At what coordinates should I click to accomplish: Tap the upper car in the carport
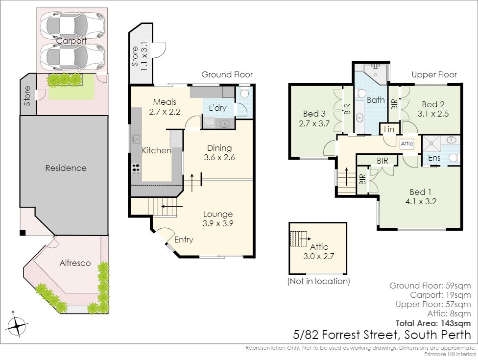pyautogui.click(x=72, y=25)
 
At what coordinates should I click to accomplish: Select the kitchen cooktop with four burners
pyautogui.click(x=136, y=168)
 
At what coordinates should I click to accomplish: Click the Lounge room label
pyautogui.click(x=217, y=215)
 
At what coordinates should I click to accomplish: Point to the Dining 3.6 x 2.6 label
pyautogui.click(x=219, y=153)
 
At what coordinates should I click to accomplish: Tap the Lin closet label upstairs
pyautogui.click(x=389, y=129)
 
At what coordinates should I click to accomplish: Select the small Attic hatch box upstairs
pyautogui.click(x=406, y=144)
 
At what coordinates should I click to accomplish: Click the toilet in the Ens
pyautogui.click(x=454, y=158)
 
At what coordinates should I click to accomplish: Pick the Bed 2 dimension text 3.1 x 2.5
pyautogui.click(x=433, y=114)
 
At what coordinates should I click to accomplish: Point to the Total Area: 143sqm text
pyautogui.click(x=433, y=323)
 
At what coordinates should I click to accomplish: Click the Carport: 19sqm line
pyautogui.click(x=440, y=295)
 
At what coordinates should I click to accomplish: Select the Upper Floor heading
pyautogui.click(x=434, y=74)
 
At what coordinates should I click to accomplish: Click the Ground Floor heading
pyautogui.click(x=227, y=74)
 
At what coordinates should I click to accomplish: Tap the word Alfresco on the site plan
pyautogui.click(x=75, y=263)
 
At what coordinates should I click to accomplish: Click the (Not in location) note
pyautogui.click(x=318, y=281)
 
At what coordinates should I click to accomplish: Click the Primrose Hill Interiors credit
pyautogui.click(x=450, y=354)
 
